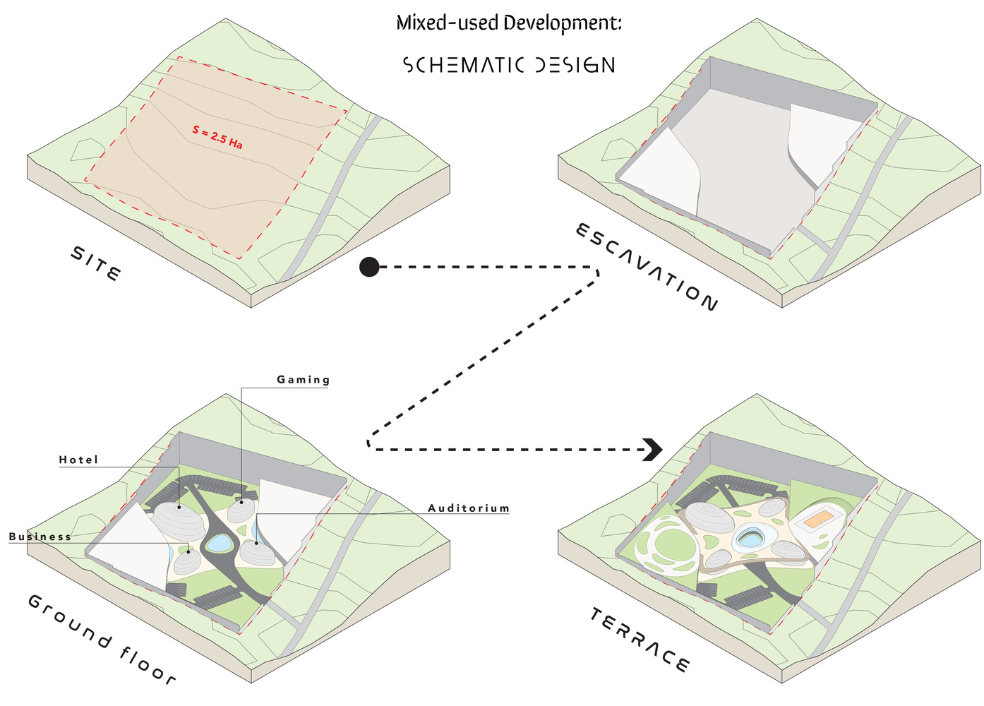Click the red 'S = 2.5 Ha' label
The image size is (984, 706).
[x=217, y=137]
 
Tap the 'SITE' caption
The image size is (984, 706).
[x=96, y=263]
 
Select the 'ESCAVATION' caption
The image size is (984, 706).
[x=647, y=267]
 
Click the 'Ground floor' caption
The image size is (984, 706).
[x=102, y=639]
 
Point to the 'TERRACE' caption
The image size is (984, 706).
[x=639, y=640]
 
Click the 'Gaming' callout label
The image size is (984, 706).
[x=303, y=380]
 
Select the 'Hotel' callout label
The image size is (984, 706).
[x=78, y=460]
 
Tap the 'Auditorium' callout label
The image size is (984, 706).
[x=469, y=508]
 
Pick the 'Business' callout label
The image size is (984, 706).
[x=40, y=537]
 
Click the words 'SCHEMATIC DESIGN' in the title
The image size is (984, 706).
[x=509, y=65]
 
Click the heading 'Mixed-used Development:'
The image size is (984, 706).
[x=509, y=23]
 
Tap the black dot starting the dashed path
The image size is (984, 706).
[x=369, y=267]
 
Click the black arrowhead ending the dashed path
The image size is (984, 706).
[x=653, y=450]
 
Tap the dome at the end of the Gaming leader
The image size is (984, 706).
[x=241, y=510]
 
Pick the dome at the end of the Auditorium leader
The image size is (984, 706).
[x=258, y=552]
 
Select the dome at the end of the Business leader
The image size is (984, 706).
[x=188, y=561]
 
